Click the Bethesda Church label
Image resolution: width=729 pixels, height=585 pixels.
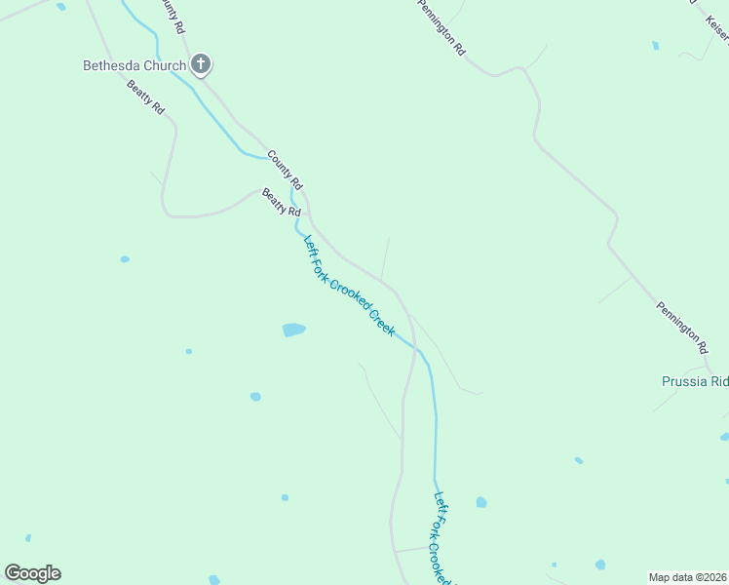(x=134, y=66)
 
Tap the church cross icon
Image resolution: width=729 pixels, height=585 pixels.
(x=202, y=65)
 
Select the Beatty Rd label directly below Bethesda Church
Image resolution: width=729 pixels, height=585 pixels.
(x=146, y=98)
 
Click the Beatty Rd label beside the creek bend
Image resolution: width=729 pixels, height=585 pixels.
(x=282, y=203)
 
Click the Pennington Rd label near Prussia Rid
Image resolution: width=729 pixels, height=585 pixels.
(x=681, y=326)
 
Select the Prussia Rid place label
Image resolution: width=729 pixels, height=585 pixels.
(x=695, y=381)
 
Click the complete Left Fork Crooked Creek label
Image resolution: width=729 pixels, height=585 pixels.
(x=349, y=286)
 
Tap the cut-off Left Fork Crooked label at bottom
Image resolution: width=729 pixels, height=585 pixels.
(x=443, y=536)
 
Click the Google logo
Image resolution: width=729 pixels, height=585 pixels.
(x=32, y=573)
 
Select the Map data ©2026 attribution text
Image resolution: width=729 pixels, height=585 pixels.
(x=688, y=577)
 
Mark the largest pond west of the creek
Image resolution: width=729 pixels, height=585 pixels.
(x=293, y=330)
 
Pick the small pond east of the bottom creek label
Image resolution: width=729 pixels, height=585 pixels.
(x=481, y=502)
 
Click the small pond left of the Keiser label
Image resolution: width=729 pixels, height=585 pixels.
(x=655, y=45)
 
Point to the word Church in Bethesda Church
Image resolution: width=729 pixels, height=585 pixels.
(x=164, y=66)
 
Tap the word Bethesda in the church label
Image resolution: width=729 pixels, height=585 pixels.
(x=110, y=66)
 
